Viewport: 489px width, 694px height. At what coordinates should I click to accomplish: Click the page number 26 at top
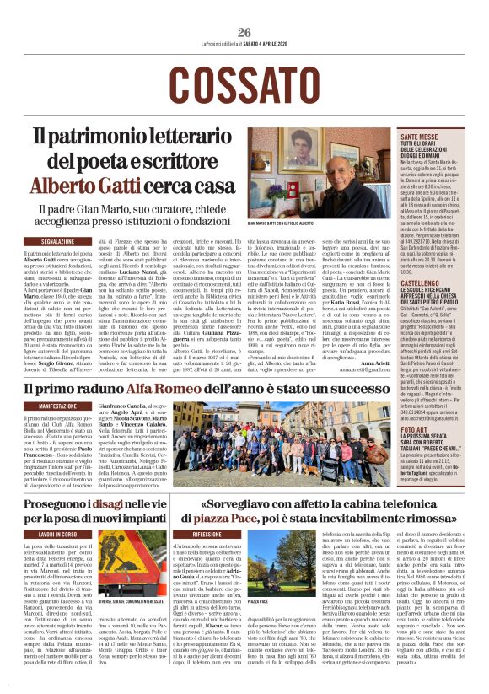pyautogui.click(x=244, y=33)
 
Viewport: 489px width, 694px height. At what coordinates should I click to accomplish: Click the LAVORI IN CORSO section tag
pyautogui.click(x=58, y=535)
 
